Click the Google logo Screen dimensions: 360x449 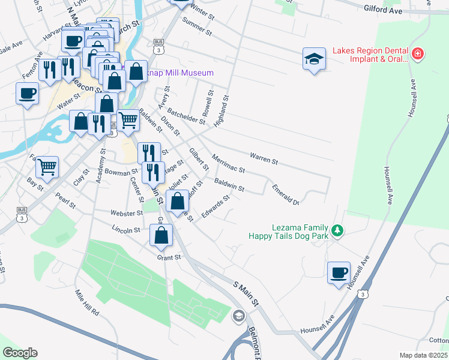point(20,353)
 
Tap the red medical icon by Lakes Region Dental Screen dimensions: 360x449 point(417,55)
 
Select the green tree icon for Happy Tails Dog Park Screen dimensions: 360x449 point(337,230)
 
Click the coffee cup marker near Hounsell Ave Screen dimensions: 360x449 point(339,272)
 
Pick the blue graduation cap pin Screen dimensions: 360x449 point(313,58)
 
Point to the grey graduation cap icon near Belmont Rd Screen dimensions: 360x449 point(239,316)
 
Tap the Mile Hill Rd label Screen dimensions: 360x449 point(86,302)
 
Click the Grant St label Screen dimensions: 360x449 point(169,257)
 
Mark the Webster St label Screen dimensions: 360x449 point(125,213)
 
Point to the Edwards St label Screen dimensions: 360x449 point(216,207)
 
